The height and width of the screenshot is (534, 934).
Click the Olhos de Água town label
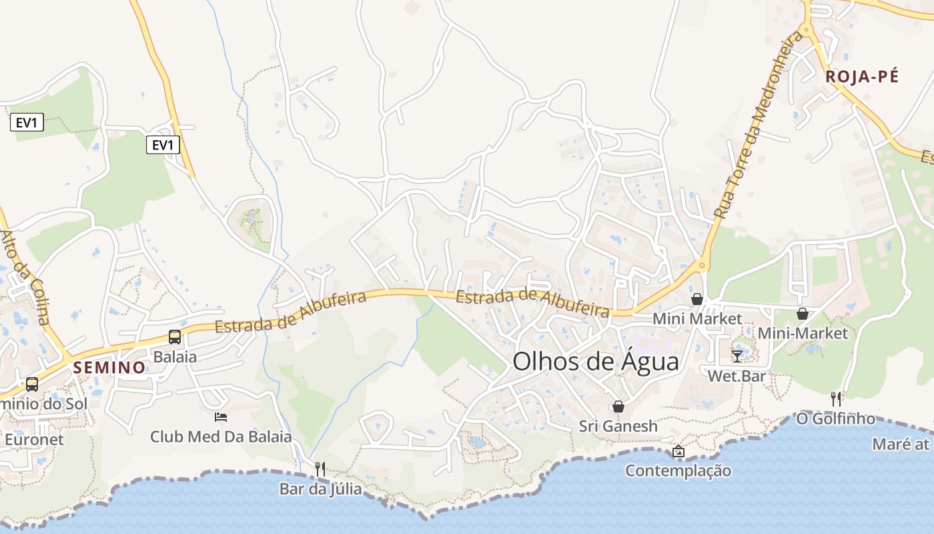[x=595, y=362]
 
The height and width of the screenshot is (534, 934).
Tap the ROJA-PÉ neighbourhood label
[x=862, y=77]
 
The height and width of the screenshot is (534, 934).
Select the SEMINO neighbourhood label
[x=109, y=367]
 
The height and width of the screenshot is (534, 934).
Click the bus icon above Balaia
[x=175, y=336]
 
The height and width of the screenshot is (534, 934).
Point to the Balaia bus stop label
[x=175, y=356]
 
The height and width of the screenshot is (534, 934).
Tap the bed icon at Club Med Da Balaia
[x=221, y=417]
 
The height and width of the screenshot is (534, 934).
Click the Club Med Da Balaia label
[x=221, y=437]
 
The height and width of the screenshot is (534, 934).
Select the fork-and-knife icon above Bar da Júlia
[x=320, y=469]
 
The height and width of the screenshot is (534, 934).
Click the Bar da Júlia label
[x=320, y=489]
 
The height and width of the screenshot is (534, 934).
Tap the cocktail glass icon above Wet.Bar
[x=737, y=356]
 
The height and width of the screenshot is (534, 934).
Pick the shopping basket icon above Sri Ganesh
[x=618, y=406]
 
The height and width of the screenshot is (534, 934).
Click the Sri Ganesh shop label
[x=618, y=426]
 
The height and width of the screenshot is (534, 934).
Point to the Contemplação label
[x=678, y=471]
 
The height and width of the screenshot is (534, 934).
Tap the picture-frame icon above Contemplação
[x=678, y=451]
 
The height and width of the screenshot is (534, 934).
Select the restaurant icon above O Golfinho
[x=836, y=398]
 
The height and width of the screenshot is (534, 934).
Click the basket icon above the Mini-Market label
[x=803, y=313]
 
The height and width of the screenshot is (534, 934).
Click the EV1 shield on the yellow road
[x=163, y=145]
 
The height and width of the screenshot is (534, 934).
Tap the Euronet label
[x=34, y=439]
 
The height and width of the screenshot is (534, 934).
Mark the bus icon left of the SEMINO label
[x=31, y=384]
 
